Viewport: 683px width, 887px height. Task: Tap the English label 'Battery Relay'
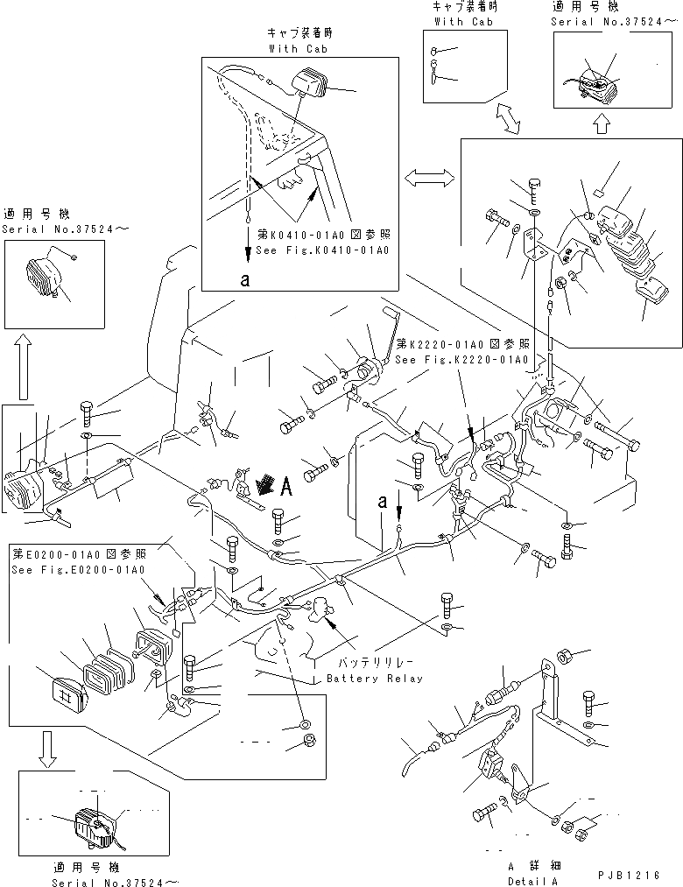[x=374, y=679]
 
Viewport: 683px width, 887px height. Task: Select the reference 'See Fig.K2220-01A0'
[x=461, y=360]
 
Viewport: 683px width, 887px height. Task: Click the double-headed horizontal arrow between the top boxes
[x=428, y=179]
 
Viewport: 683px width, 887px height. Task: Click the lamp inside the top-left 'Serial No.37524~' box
[x=45, y=276]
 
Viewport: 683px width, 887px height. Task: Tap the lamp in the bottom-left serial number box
[x=94, y=824]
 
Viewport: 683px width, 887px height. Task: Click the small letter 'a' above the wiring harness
[x=382, y=502]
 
